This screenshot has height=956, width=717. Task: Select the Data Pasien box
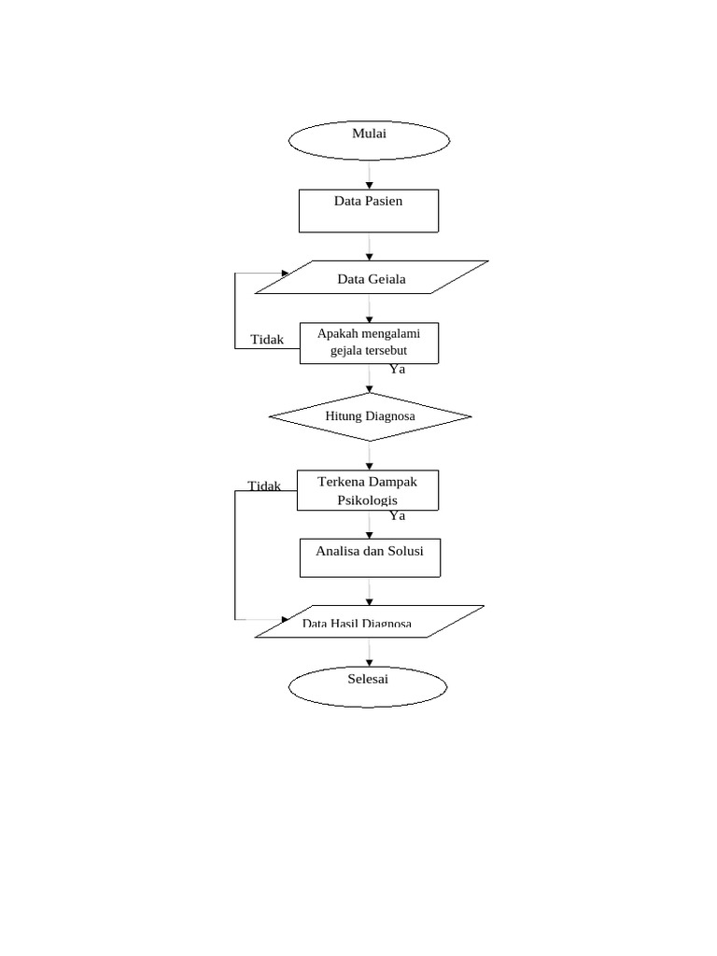[x=369, y=211]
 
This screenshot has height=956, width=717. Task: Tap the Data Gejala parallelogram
[x=371, y=277]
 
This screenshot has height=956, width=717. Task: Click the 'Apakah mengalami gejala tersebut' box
[x=369, y=343]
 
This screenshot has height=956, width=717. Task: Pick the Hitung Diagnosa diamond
[x=370, y=416]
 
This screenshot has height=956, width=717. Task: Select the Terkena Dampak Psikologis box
[x=368, y=490]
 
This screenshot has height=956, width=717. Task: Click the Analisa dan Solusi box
[x=370, y=557]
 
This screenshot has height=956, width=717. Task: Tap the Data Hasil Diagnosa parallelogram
[x=370, y=622]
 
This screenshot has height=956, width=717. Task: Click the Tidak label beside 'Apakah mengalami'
[x=267, y=340]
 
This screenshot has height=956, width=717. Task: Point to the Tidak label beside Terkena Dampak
[x=264, y=485]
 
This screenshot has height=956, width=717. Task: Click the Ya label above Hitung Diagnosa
[x=398, y=369]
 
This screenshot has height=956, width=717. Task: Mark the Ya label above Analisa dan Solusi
[x=398, y=515]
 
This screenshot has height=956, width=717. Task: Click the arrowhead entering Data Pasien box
[x=370, y=186]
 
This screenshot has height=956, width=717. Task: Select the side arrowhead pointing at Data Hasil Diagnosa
[x=287, y=620]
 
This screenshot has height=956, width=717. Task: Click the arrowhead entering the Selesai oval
[x=370, y=662]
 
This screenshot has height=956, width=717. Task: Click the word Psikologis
[x=367, y=500]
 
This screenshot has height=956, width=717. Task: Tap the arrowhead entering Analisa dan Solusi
[x=370, y=534]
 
